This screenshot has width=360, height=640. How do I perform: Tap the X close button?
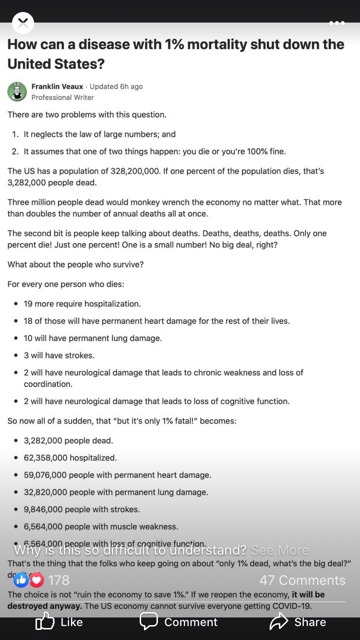(x=23, y=23)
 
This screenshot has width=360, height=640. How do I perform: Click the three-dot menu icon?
(x=336, y=23)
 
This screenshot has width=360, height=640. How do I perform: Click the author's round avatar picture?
(x=17, y=92)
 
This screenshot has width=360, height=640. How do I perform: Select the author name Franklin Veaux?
(x=57, y=86)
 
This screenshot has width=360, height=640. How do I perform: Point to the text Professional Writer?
(x=62, y=97)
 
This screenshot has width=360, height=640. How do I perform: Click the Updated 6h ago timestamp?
(x=116, y=86)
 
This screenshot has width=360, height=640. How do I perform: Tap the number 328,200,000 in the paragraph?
(x=135, y=171)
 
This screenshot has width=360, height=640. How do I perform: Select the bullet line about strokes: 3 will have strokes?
(x=59, y=356)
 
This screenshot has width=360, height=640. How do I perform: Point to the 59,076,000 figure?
(x=45, y=475)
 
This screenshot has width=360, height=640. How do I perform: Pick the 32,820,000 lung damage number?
(x=45, y=492)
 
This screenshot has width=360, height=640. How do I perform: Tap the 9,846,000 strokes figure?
(x=43, y=510)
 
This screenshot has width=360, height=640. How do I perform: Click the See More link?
(x=280, y=550)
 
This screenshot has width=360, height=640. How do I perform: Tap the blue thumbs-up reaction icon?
(x=21, y=580)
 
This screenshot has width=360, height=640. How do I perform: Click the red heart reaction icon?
(x=37, y=580)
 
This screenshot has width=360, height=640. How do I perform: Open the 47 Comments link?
(x=302, y=580)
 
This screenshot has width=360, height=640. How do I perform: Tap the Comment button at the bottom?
(x=179, y=622)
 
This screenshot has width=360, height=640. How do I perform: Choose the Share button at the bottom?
(x=298, y=622)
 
